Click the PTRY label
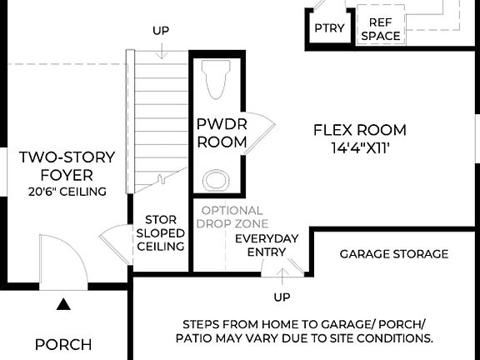(329, 28)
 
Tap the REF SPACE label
(380, 29)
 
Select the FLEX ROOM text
(359, 130)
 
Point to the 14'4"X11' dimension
(359, 147)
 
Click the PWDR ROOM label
(221, 133)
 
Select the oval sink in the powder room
(216, 180)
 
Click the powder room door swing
(261, 127)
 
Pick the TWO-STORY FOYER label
(67, 166)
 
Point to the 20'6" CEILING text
(67, 192)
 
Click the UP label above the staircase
(161, 31)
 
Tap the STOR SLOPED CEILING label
(160, 233)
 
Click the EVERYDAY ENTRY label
(266, 245)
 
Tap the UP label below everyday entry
(282, 297)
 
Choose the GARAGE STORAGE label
(393, 253)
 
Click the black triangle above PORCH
(63, 304)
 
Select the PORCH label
(63, 344)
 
